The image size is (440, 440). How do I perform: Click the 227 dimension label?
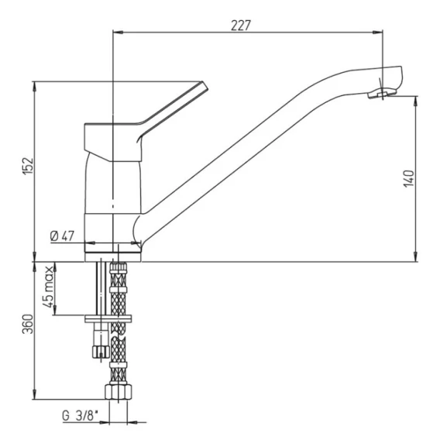(x=240, y=26)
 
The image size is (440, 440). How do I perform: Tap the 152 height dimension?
(x=28, y=167)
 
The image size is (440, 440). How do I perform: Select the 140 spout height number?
(x=408, y=179)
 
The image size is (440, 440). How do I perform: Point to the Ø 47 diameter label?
(x=62, y=236)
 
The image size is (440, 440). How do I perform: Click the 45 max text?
(x=49, y=287)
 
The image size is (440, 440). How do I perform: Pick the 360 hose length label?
(x=28, y=324)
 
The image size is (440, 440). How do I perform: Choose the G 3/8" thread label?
(x=81, y=415)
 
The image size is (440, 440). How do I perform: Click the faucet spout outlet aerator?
(x=382, y=93)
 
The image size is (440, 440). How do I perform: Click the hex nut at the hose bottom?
(x=119, y=392)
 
